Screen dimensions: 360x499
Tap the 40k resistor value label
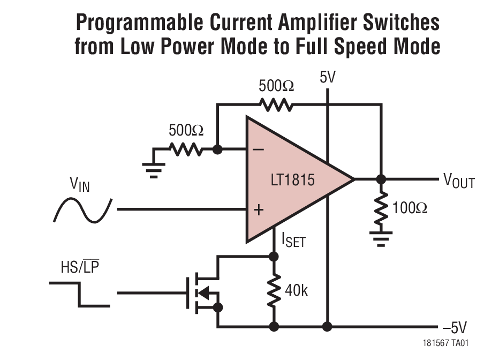[x=297, y=291]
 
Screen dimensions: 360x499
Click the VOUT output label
[x=458, y=181]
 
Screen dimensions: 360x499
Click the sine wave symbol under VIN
[x=82, y=209]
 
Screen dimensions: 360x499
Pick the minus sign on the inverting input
[x=258, y=149]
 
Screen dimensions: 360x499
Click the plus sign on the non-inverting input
[x=258, y=209]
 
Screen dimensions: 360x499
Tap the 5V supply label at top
[x=327, y=78]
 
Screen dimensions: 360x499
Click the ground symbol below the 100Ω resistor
[x=381, y=239]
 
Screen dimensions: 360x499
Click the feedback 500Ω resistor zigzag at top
[x=276, y=104]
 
